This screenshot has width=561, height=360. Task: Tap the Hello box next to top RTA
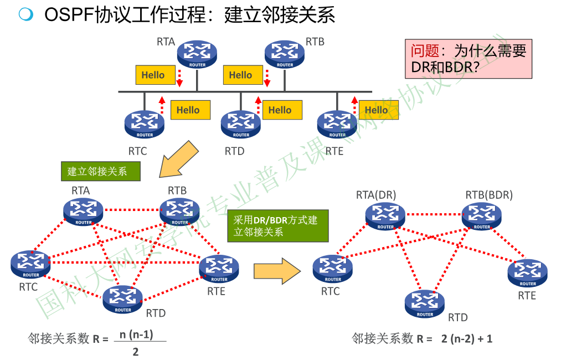pyautogui.click(x=153, y=75)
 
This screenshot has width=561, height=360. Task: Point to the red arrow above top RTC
pyautogui.click(x=162, y=105)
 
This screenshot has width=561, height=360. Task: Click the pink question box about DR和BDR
pyautogui.click(x=468, y=59)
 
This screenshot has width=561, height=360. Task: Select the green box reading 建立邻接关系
pyautogui.click(x=100, y=171)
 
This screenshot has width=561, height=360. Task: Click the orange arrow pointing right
pyautogui.click(x=276, y=270)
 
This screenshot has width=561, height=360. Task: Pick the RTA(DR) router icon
pyautogui.click(x=385, y=216)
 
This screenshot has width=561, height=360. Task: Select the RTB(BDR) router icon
pyautogui.click(x=482, y=216)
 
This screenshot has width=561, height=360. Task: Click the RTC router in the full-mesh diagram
pyautogui.click(x=31, y=264)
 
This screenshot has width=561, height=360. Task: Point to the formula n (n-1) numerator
pyautogui.click(x=136, y=335)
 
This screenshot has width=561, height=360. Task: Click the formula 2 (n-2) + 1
pyautogui.click(x=467, y=338)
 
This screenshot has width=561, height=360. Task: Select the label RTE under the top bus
pyautogui.click(x=334, y=151)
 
